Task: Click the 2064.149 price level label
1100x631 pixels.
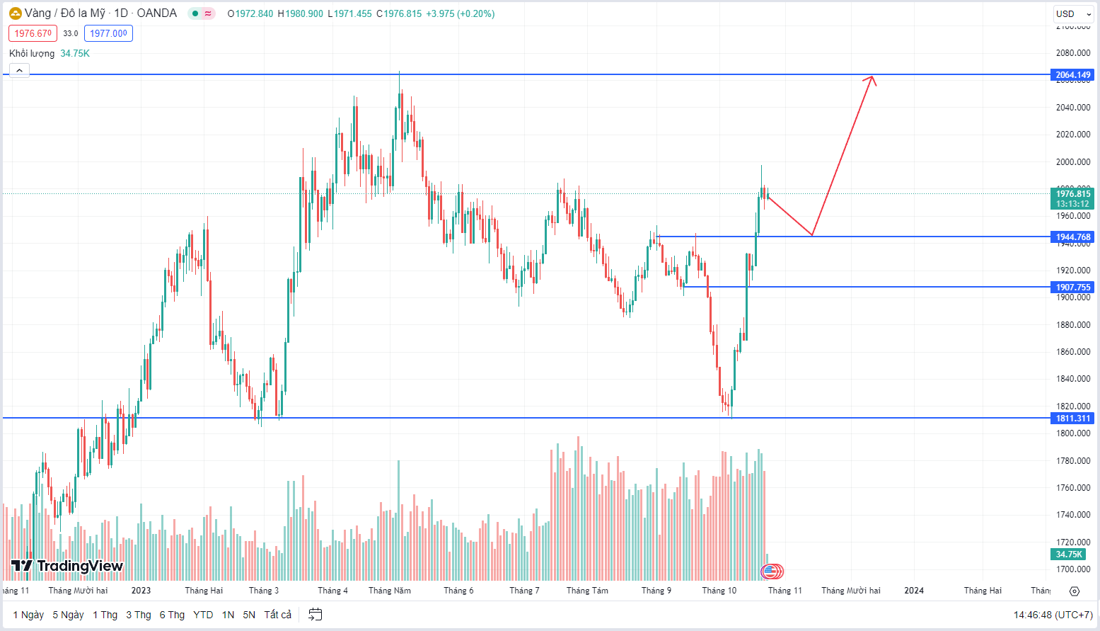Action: pyautogui.click(x=1073, y=75)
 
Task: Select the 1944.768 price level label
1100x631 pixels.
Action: pyautogui.click(x=1073, y=237)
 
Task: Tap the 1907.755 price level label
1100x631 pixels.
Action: pyautogui.click(x=1073, y=288)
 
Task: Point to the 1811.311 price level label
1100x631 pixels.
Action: pyautogui.click(x=1073, y=419)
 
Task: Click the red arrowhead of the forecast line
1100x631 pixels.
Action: pyautogui.click(x=872, y=79)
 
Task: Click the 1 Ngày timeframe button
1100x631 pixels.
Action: pyautogui.click(x=28, y=615)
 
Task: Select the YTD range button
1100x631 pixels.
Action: pyautogui.click(x=203, y=615)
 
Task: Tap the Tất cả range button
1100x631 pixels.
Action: pyautogui.click(x=277, y=615)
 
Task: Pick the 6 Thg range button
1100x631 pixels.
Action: pyautogui.click(x=172, y=615)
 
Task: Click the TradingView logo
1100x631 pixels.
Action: pyautogui.click(x=67, y=566)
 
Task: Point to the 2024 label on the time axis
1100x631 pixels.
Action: pyautogui.click(x=914, y=591)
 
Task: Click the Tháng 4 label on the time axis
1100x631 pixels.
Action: pyautogui.click(x=332, y=591)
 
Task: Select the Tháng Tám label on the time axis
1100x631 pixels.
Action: pyautogui.click(x=587, y=591)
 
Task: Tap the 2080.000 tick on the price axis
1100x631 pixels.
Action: pyautogui.click(x=1073, y=53)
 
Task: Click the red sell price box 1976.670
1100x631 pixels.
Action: pyautogui.click(x=33, y=33)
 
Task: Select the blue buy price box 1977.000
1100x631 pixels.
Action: pyautogui.click(x=108, y=33)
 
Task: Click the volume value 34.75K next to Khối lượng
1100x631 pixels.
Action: pyautogui.click(x=75, y=54)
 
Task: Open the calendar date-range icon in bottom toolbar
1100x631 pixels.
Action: pyautogui.click(x=315, y=615)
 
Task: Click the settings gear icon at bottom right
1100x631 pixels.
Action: pyautogui.click(x=1075, y=591)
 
